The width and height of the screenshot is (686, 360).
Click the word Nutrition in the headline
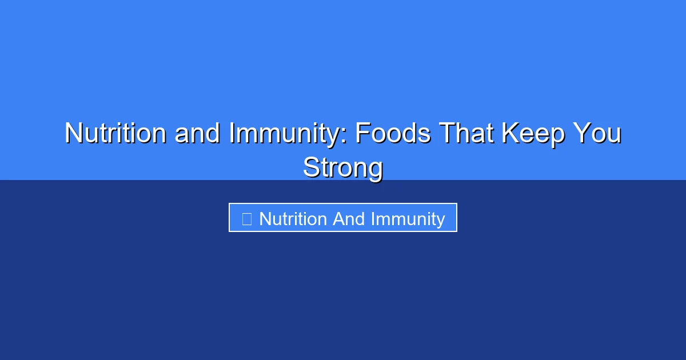pos(116,133)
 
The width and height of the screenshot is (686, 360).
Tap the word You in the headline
pos(597,133)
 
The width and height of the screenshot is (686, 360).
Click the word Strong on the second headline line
pos(343,168)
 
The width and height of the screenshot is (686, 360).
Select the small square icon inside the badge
pos(246,219)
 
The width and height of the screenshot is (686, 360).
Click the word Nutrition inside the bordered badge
pos(293,219)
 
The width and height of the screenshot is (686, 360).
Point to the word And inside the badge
pos(349,219)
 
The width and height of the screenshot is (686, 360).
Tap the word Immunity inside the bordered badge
pos(408,219)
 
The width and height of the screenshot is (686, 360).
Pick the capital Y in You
pos(581,133)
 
